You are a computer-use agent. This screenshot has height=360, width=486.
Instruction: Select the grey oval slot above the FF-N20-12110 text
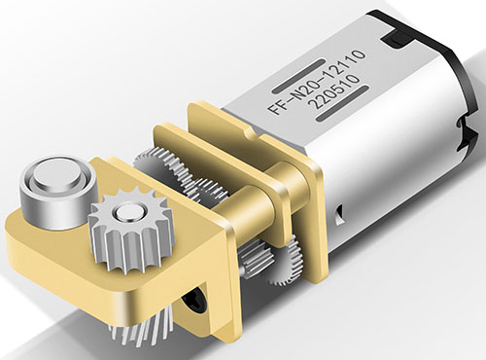coord(298,76)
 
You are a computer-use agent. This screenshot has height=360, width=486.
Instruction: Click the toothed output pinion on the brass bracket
coord(130,234)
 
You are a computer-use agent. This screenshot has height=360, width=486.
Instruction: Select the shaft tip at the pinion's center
coord(126,212)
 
